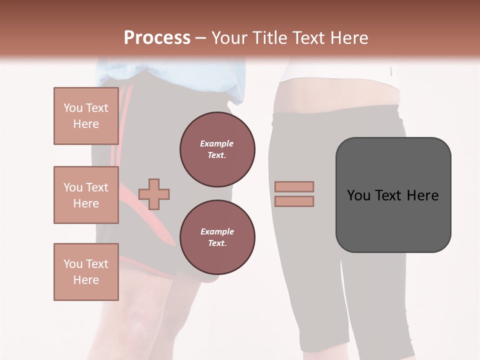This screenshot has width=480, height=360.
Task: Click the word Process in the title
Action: tap(157, 38)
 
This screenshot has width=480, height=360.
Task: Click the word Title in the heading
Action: tap(269, 38)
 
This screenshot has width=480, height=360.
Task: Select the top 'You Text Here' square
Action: tap(86, 116)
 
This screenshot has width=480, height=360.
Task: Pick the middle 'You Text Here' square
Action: tap(86, 195)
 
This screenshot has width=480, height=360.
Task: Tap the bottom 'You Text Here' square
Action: tap(86, 272)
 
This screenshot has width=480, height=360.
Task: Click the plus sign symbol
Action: tap(154, 194)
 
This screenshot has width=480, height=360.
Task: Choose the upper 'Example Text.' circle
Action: tap(217, 149)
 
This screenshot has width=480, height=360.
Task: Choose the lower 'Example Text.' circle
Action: tap(217, 237)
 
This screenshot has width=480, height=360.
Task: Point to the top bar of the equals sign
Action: tap(294, 187)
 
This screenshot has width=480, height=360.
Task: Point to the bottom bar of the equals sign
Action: tap(294, 201)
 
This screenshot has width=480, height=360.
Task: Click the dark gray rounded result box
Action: tap(393, 220)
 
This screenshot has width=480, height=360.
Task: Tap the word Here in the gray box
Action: tap(422, 195)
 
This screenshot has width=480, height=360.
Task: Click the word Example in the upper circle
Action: tap(217, 143)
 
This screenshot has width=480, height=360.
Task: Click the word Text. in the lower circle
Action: tap(217, 243)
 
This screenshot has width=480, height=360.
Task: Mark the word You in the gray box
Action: tap(359, 195)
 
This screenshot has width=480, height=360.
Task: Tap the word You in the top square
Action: tap(73, 108)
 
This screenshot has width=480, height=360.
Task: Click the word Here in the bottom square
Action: tap(86, 280)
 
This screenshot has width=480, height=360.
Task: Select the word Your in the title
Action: tap(230, 38)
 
